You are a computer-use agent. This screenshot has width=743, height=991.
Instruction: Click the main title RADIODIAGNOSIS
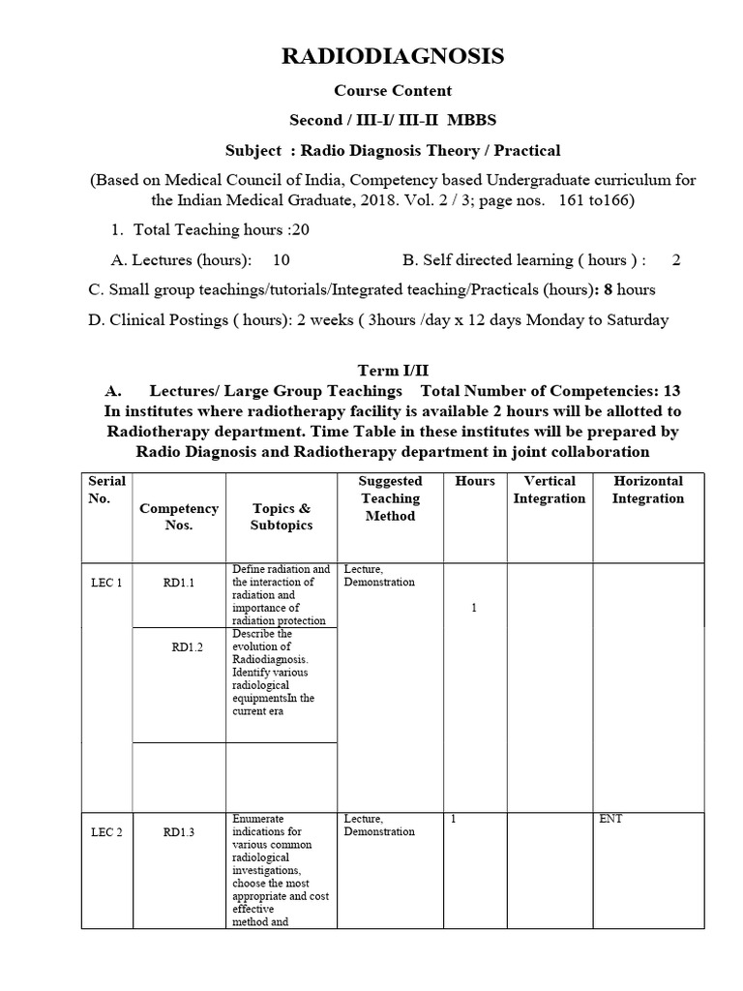pyautogui.click(x=393, y=57)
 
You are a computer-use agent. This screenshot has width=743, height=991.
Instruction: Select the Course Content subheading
pyautogui.click(x=393, y=91)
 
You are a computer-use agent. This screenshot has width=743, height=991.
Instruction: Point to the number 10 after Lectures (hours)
pyautogui.click(x=281, y=260)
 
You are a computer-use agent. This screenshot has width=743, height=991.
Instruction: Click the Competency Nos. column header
pyautogui.click(x=179, y=516)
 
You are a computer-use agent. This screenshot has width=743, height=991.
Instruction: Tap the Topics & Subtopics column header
pyautogui.click(x=282, y=516)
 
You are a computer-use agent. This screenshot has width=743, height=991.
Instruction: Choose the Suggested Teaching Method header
pyautogui.click(x=390, y=498)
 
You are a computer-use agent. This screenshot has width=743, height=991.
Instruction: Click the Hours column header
pyautogui.click(x=474, y=481)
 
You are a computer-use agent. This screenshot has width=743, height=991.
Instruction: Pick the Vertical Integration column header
pyautogui.click(x=549, y=490)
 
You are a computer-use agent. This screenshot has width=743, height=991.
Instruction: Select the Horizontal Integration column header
pyautogui.click(x=647, y=490)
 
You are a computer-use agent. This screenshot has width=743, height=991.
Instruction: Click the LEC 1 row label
pyautogui.click(x=105, y=584)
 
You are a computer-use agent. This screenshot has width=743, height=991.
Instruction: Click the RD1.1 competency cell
pyautogui.click(x=179, y=584)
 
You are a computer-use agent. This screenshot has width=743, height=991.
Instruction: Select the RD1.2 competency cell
pyautogui.click(x=188, y=647)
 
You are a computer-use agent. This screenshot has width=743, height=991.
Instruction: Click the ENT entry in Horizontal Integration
pyautogui.click(x=610, y=819)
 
